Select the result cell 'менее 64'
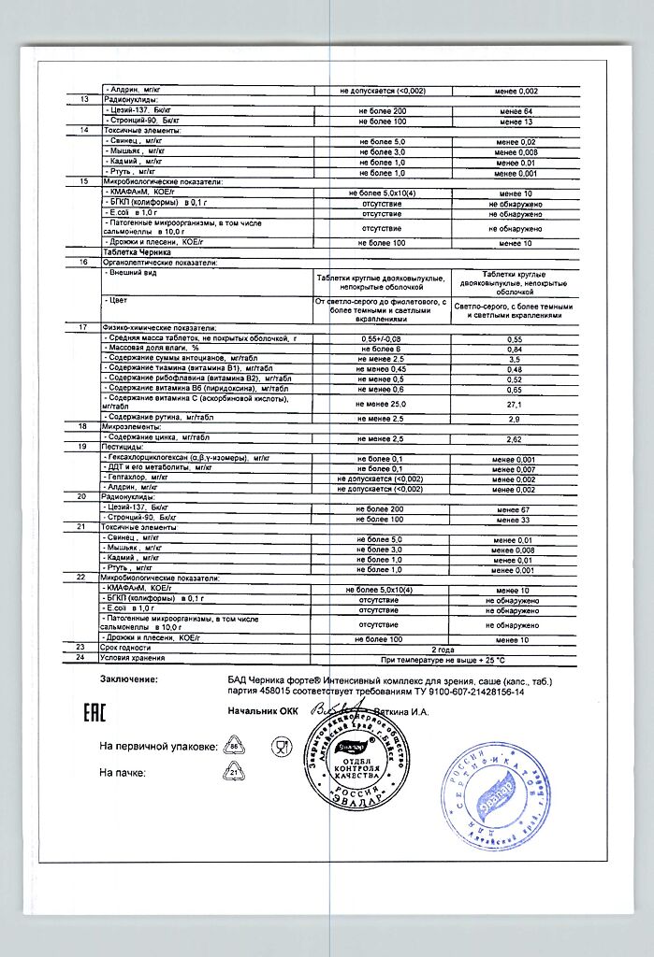click(x=516, y=111)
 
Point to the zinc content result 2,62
click(x=514, y=437)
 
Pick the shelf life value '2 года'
click(x=445, y=647)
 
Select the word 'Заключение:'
click(x=130, y=679)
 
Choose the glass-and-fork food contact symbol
click(x=280, y=746)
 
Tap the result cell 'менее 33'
click(x=516, y=519)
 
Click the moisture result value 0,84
click(x=514, y=349)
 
